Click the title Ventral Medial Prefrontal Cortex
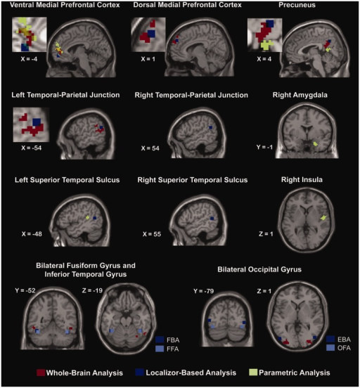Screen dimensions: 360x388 coord(65,5)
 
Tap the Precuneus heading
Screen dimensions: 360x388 coord(297,5)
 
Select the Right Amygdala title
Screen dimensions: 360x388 coord(300,95)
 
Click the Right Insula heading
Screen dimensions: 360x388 coord(302,180)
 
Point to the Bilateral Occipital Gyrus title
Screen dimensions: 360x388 coord(259,269)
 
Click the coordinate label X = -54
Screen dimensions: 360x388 coord(32,148)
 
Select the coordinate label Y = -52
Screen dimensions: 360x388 coord(25,290)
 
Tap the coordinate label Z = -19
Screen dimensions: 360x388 coord(92,290)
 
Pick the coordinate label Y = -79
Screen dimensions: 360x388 coord(203,291)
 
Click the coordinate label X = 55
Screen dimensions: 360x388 coord(152,234)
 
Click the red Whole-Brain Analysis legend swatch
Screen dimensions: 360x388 coord(41,373)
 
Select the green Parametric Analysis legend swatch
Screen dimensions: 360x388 coord(253,373)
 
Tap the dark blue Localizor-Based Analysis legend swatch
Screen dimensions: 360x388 coord(140,373)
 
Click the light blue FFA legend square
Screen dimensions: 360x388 coord(160,349)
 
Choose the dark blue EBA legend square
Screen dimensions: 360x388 coord(330,339)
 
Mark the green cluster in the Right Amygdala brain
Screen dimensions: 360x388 coord(315,143)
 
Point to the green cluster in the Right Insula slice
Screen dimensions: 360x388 coord(323,218)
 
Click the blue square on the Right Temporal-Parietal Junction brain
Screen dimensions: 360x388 coord(211,127)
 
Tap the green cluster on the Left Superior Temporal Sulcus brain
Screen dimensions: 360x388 coord(87,217)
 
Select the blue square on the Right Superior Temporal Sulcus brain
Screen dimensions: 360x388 coord(212,219)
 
